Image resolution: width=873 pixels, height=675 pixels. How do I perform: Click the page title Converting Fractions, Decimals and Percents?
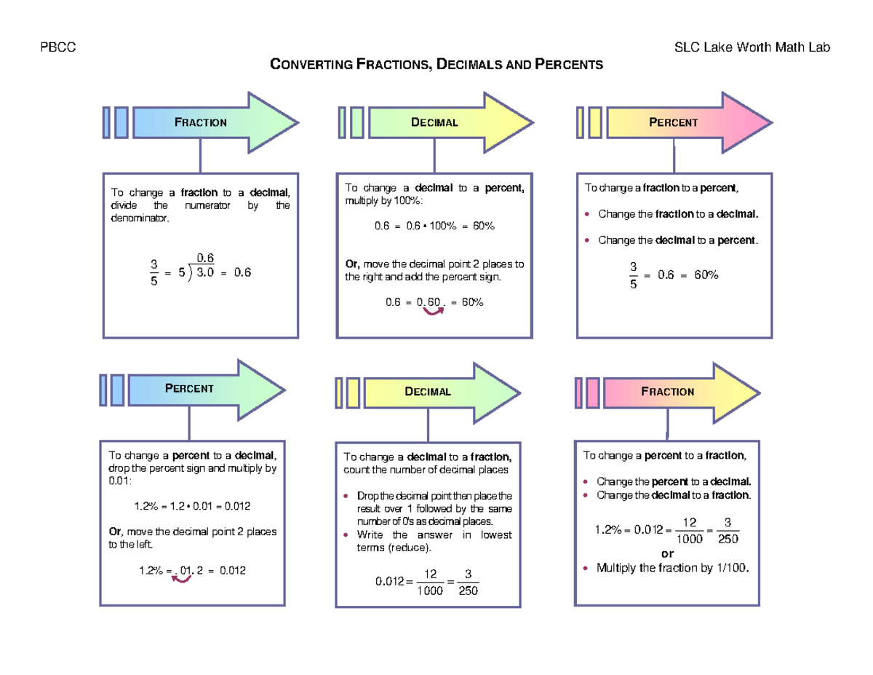[x=436, y=65]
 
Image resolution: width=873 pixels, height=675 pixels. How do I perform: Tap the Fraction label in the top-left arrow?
[x=201, y=122]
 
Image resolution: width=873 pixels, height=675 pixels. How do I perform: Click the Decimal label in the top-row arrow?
[x=434, y=122]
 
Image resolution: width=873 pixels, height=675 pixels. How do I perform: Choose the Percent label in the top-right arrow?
[x=673, y=122]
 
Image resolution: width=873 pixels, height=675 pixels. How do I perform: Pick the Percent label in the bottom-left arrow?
[x=189, y=388]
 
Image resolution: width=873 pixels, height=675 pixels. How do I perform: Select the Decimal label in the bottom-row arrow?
[x=428, y=392]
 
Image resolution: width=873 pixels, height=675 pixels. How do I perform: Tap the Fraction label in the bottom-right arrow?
[x=667, y=392]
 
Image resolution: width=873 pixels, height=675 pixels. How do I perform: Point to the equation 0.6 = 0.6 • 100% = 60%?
[x=434, y=226]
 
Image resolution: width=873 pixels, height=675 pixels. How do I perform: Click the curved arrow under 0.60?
[x=434, y=312]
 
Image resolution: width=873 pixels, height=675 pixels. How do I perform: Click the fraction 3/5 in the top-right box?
[x=634, y=276]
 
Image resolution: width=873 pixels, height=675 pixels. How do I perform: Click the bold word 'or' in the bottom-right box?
[x=667, y=553]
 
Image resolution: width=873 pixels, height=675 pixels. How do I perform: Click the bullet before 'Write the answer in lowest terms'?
[x=346, y=535]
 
